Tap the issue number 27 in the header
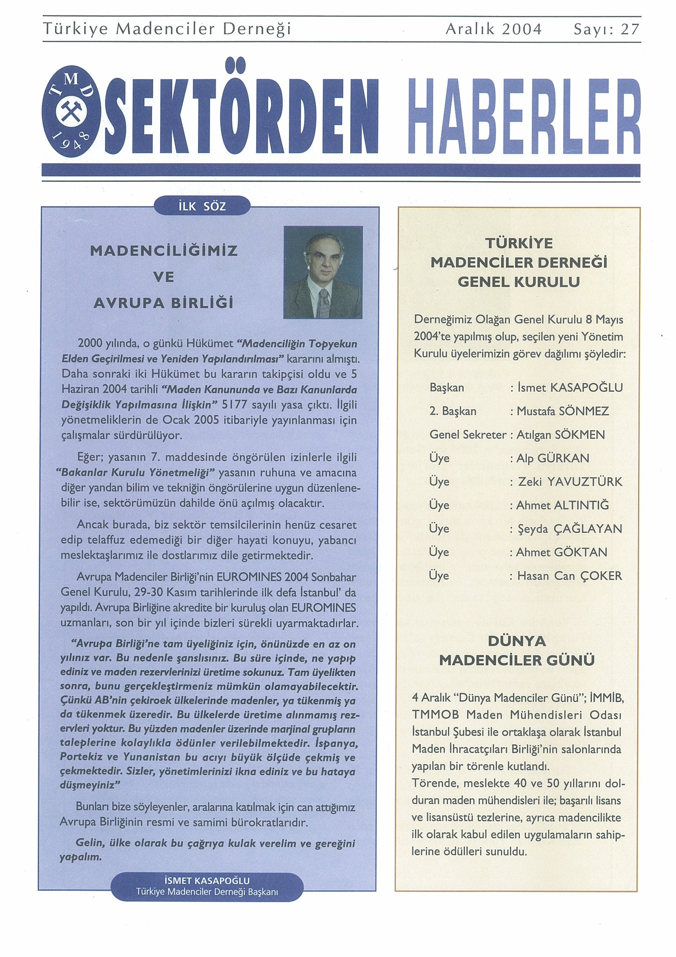click(x=629, y=29)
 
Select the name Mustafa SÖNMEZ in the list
click(x=562, y=411)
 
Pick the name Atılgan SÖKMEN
click(x=560, y=435)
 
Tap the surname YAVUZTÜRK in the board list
click(x=584, y=482)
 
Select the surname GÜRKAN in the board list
click(x=564, y=458)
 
